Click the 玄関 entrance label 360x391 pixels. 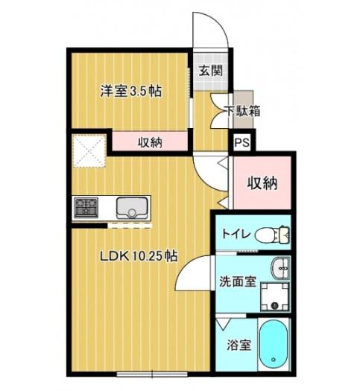click(210, 71)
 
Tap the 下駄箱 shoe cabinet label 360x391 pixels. click(242, 111)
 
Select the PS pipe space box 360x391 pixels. click(242, 143)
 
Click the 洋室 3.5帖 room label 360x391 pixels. click(131, 91)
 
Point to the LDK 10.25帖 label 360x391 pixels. click(139, 256)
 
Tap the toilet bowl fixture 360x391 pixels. click(273, 235)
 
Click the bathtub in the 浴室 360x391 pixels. click(274, 344)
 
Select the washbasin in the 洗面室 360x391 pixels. click(280, 268)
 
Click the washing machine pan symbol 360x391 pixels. click(275, 296)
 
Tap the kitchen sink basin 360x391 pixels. click(132, 208)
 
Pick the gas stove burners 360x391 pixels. click(86, 208)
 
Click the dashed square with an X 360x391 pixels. click(89, 150)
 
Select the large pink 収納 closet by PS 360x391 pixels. click(262, 182)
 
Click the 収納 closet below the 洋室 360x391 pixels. click(150, 142)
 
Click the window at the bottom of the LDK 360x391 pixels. click(152, 374)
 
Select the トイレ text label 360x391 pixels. click(236, 234)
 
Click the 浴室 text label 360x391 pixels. click(239, 345)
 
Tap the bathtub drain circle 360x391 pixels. click(274, 360)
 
